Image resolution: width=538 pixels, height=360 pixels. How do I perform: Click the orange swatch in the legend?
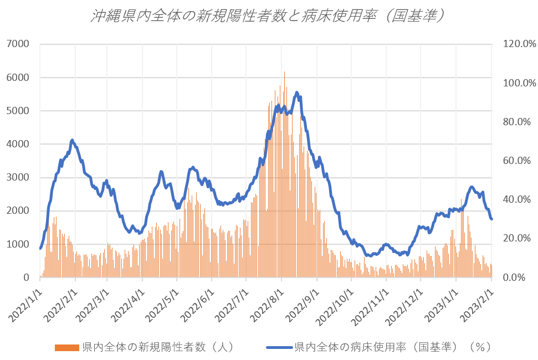click(x=67, y=348)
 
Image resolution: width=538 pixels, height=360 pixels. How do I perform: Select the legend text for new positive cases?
click(x=157, y=347)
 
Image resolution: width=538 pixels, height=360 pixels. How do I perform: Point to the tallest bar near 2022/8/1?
click(x=285, y=72)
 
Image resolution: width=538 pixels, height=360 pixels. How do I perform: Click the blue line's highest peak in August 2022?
click(x=297, y=92)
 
